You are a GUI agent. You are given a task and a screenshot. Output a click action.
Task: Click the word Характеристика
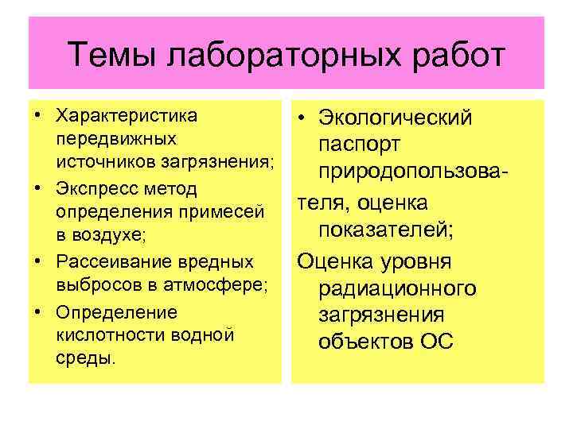[x=127, y=116]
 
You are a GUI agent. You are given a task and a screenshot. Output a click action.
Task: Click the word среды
[x=85, y=357]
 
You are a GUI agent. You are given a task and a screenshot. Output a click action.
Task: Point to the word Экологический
[x=395, y=120]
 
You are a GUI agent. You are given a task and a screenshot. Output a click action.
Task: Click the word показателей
[x=385, y=230]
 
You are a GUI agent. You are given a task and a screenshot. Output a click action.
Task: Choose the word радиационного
[x=397, y=288]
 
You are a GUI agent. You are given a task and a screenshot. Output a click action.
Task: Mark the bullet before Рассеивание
[x=37, y=262]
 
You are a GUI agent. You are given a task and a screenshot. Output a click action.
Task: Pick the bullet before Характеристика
[x=37, y=116]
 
